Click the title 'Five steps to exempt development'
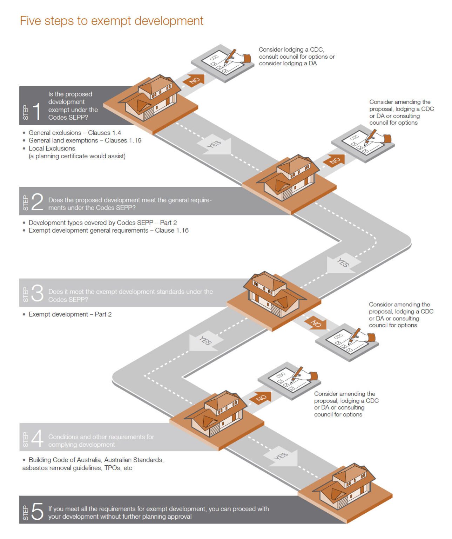pyautogui.click(x=112, y=21)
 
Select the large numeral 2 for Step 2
pyautogui.click(x=37, y=202)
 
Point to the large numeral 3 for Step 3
pyautogui.click(x=37, y=293)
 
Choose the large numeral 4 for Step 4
pyautogui.click(x=37, y=439)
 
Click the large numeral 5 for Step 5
pyautogui.click(x=37, y=511)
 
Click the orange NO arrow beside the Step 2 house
pyautogui.click(x=334, y=161)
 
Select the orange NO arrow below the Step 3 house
pyautogui.click(x=315, y=323)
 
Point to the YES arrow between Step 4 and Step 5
pyautogui.click(x=281, y=457)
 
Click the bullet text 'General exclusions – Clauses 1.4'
pyautogui.click(x=75, y=133)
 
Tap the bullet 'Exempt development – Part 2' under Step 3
pyautogui.click(x=70, y=314)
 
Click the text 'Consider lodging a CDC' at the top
pyautogui.click(x=291, y=49)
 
